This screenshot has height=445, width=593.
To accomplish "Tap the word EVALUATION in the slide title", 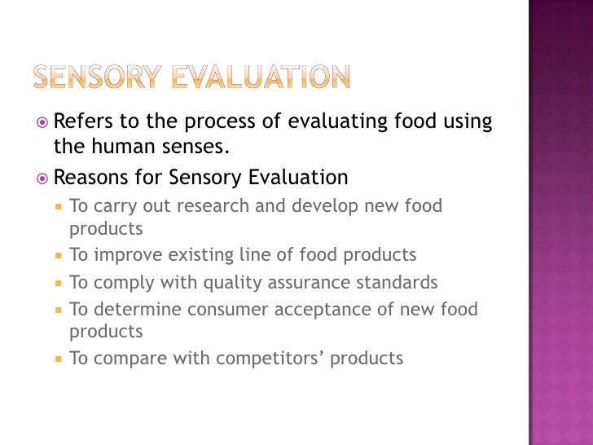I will click(261, 77).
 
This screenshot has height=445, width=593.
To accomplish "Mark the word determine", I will click(138, 310).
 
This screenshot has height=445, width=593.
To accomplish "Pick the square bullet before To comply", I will click(59, 284).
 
